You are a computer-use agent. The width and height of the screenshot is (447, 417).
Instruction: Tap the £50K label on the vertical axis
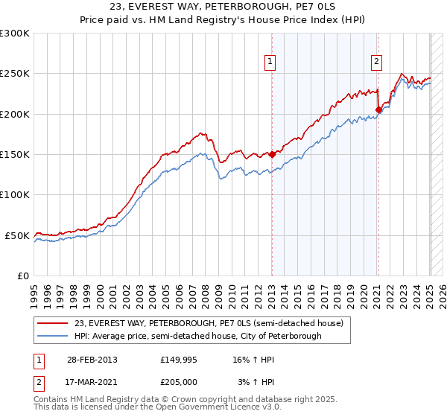click(17, 235)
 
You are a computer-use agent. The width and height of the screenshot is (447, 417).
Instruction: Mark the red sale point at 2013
click(272, 155)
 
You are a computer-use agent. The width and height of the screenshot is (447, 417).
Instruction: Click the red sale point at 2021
click(378, 110)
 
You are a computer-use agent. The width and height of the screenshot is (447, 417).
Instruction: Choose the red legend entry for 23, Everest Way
click(209, 323)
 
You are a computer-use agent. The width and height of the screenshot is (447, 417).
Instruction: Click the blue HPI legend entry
click(197, 336)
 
